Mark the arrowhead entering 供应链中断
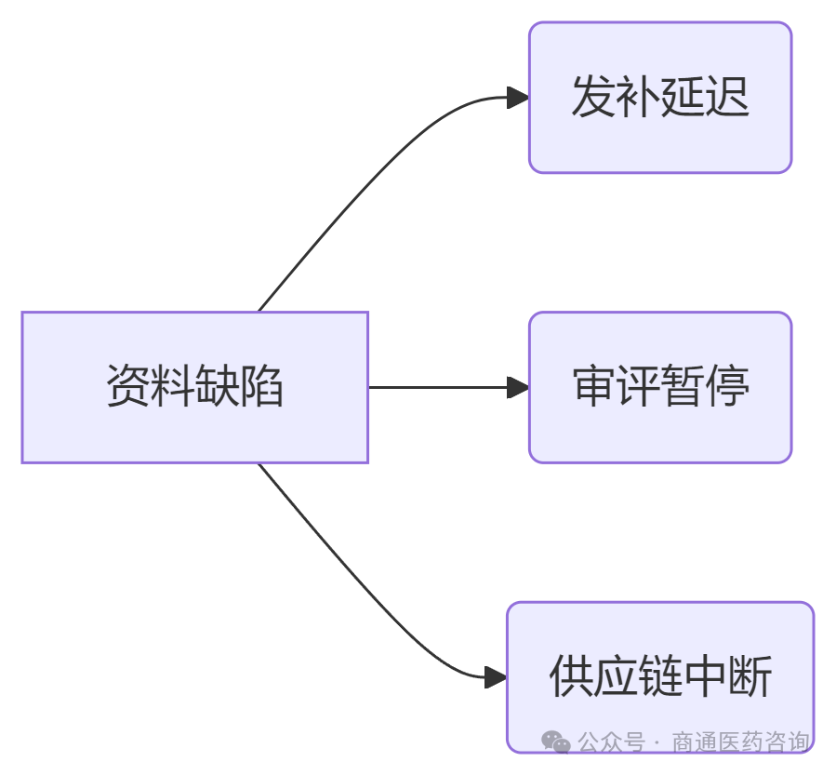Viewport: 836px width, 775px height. pos(497,676)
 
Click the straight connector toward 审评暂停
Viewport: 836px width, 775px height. pos(437,387)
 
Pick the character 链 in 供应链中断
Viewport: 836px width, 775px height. pos(660,676)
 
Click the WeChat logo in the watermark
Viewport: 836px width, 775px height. pos(556,742)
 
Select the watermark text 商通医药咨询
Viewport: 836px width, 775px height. pos(740,742)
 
